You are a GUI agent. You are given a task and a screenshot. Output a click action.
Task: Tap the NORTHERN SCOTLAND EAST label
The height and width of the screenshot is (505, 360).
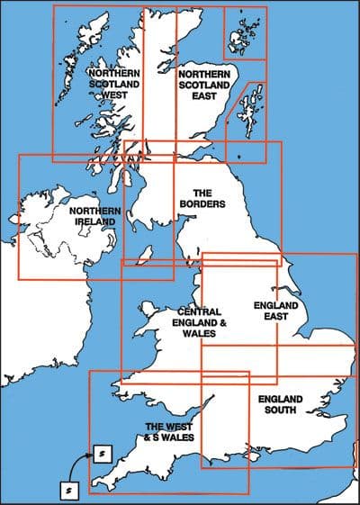point(203,85)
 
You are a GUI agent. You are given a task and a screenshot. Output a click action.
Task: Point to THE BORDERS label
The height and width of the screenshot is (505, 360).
point(202,199)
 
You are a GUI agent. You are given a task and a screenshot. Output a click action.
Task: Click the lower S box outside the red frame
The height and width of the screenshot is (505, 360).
point(70,491)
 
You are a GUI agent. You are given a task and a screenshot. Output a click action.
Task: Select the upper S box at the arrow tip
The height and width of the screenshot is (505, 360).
point(102,453)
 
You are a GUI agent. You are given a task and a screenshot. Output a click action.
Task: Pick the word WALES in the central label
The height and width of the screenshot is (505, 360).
point(199,334)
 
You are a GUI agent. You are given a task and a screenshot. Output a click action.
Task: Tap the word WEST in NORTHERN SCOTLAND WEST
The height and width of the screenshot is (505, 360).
point(113,96)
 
